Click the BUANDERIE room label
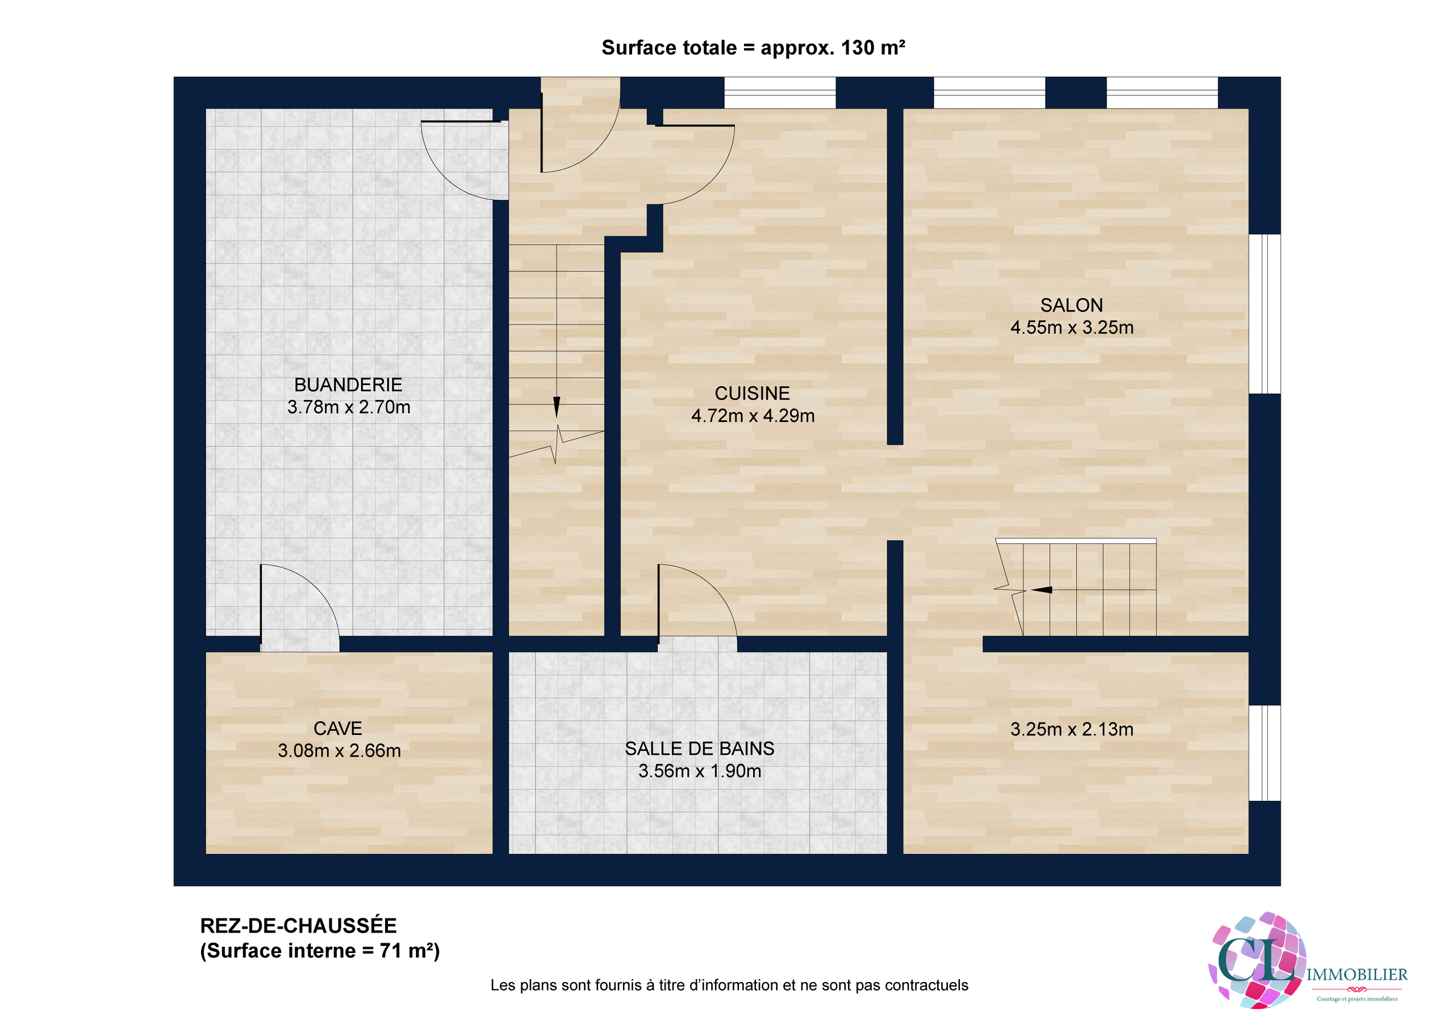point(348,385)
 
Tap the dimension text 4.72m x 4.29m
point(753,416)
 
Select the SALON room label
point(1072,306)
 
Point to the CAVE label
point(337,729)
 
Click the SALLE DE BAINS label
point(699,749)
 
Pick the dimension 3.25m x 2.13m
point(1072,729)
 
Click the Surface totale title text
point(753,48)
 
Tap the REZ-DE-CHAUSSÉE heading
point(298,925)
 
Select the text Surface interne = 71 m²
point(320,951)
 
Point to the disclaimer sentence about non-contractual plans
point(729,985)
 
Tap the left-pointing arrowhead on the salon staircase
point(1042,590)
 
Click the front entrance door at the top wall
point(579,127)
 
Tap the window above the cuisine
point(780,93)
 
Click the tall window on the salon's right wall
point(1264,314)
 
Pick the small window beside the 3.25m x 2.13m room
point(1264,753)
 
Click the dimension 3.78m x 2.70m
point(348,407)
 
